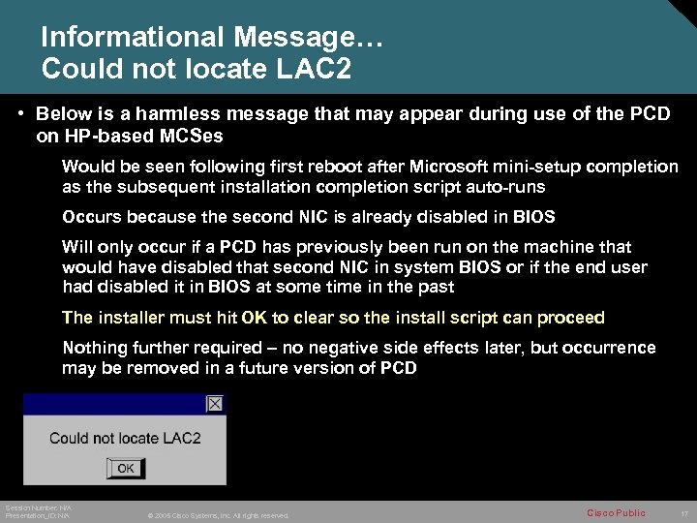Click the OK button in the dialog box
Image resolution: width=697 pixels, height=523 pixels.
point(126,468)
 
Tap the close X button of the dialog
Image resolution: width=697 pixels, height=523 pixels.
point(215,403)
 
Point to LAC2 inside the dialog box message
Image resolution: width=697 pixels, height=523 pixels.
point(182,438)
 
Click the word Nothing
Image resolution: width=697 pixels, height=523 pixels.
point(93,348)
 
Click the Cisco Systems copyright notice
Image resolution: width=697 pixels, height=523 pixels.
point(218,515)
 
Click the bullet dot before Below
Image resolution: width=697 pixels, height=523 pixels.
point(20,113)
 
